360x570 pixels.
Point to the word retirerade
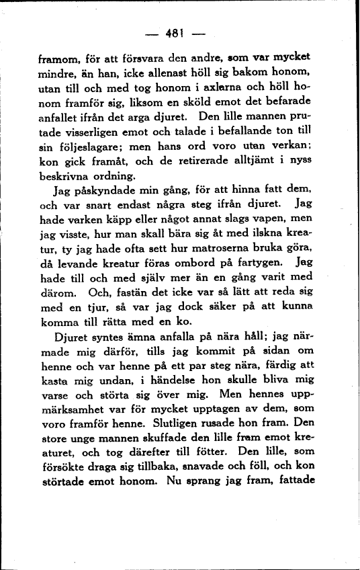tap(220, 167)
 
